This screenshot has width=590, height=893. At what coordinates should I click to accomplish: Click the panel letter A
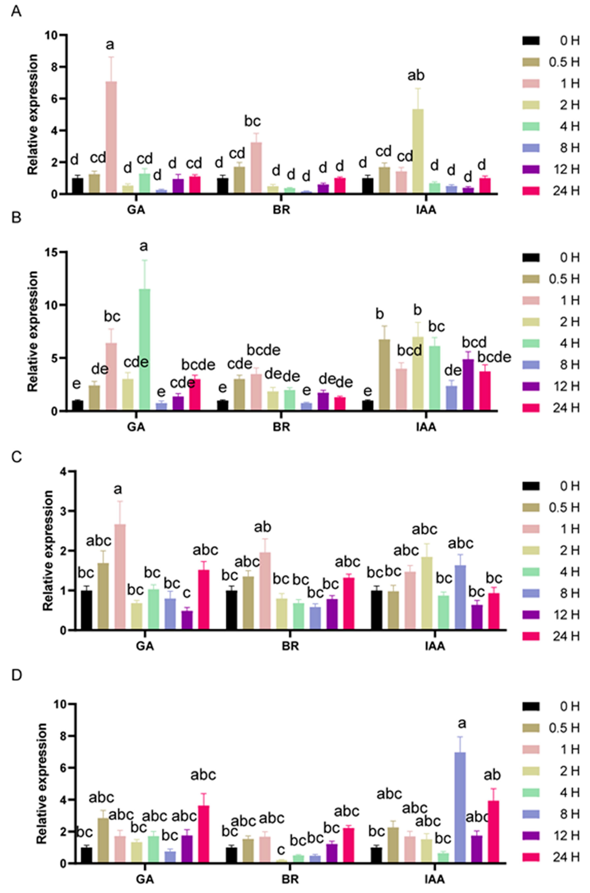tap(16, 12)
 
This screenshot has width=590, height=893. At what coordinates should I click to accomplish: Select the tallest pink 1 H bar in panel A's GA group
tap(111, 137)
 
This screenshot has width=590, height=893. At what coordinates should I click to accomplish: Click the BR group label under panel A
tap(281, 210)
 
